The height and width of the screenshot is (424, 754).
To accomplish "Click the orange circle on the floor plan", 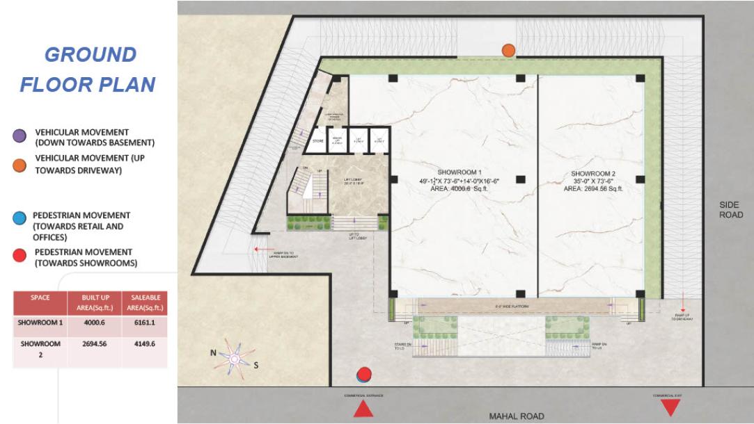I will [509, 50].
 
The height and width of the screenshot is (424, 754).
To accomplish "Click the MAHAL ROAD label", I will [517, 416].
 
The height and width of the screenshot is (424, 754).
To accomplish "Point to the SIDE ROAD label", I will [730, 210].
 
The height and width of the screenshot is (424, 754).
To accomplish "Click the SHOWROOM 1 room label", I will [460, 172].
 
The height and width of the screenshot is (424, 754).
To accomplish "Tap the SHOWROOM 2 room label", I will [592, 172].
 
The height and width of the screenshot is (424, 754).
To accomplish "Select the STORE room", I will [318, 141].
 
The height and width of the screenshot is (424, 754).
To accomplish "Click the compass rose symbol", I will [235, 357].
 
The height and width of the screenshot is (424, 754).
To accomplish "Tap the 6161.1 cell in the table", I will [141, 323].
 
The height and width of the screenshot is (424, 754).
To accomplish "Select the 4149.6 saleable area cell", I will [141, 344].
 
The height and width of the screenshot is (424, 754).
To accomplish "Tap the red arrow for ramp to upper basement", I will [262, 247].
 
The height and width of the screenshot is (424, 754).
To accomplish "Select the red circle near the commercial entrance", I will [363, 374].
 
